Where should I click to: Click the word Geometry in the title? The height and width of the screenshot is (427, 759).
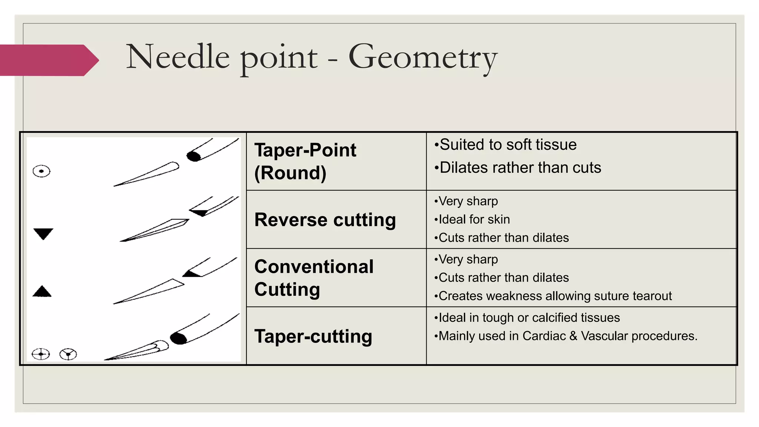pyautogui.click(x=422, y=57)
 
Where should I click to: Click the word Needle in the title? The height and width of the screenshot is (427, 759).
pyautogui.click(x=178, y=57)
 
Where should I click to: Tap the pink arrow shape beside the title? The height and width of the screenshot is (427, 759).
pyautogui.click(x=48, y=60)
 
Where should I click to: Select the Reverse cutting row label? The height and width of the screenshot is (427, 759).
pyautogui.click(x=325, y=220)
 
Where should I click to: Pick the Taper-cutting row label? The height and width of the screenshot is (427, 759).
pyautogui.click(x=313, y=337)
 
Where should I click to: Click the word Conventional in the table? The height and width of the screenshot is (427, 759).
pyautogui.click(x=314, y=267)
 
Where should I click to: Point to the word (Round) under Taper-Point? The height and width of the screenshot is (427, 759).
pyautogui.click(x=290, y=173)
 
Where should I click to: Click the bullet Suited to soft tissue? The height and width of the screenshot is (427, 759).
pyautogui.click(x=506, y=145)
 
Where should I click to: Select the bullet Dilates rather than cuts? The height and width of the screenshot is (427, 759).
pyautogui.click(x=518, y=168)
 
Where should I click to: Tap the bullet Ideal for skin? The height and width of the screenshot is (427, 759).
pyautogui.click(x=472, y=219)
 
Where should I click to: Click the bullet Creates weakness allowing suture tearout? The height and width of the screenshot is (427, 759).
pyautogui.click(x=553, y=296)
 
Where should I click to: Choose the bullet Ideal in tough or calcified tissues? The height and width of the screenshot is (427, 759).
pyautogui.click(x=527, y=318)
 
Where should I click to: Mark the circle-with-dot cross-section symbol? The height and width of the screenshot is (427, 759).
pyautogui.click(x=42, y=171)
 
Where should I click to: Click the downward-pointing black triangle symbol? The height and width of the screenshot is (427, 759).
pyautogui.click(x=43, y=233)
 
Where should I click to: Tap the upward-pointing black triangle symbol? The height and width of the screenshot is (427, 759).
pyautogui.click(x=42, y=292)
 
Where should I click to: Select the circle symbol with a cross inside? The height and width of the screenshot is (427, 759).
pyautogui.click(x=41, y=354)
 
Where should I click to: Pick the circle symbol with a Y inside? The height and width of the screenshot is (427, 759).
pyautogui.click(x=68, y=354)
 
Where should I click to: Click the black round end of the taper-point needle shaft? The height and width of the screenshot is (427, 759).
pyautogui.click(x=193, y=156)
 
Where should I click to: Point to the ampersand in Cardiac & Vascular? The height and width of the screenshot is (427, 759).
pyautogui.click(x=573, y=336)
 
